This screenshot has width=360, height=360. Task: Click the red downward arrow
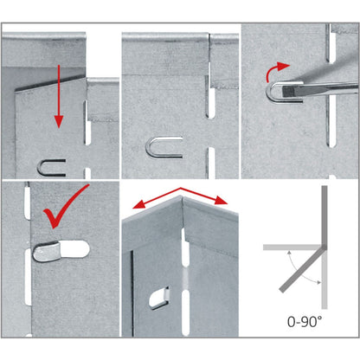(59, 96)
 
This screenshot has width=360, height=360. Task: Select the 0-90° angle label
(305, 321)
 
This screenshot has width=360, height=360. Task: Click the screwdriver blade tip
(283, 91)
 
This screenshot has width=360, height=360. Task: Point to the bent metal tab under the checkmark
(47, 252)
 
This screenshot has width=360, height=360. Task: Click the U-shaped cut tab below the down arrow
(51, 168)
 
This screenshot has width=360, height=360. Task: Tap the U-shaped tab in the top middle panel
(164, 147)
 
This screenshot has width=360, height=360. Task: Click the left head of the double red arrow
(138, 205)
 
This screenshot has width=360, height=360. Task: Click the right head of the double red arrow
(222, 200)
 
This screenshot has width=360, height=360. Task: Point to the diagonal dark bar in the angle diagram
(302, 269)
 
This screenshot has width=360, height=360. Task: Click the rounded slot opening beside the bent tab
(74, 249)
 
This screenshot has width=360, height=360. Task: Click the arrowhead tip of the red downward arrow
(59, 128)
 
